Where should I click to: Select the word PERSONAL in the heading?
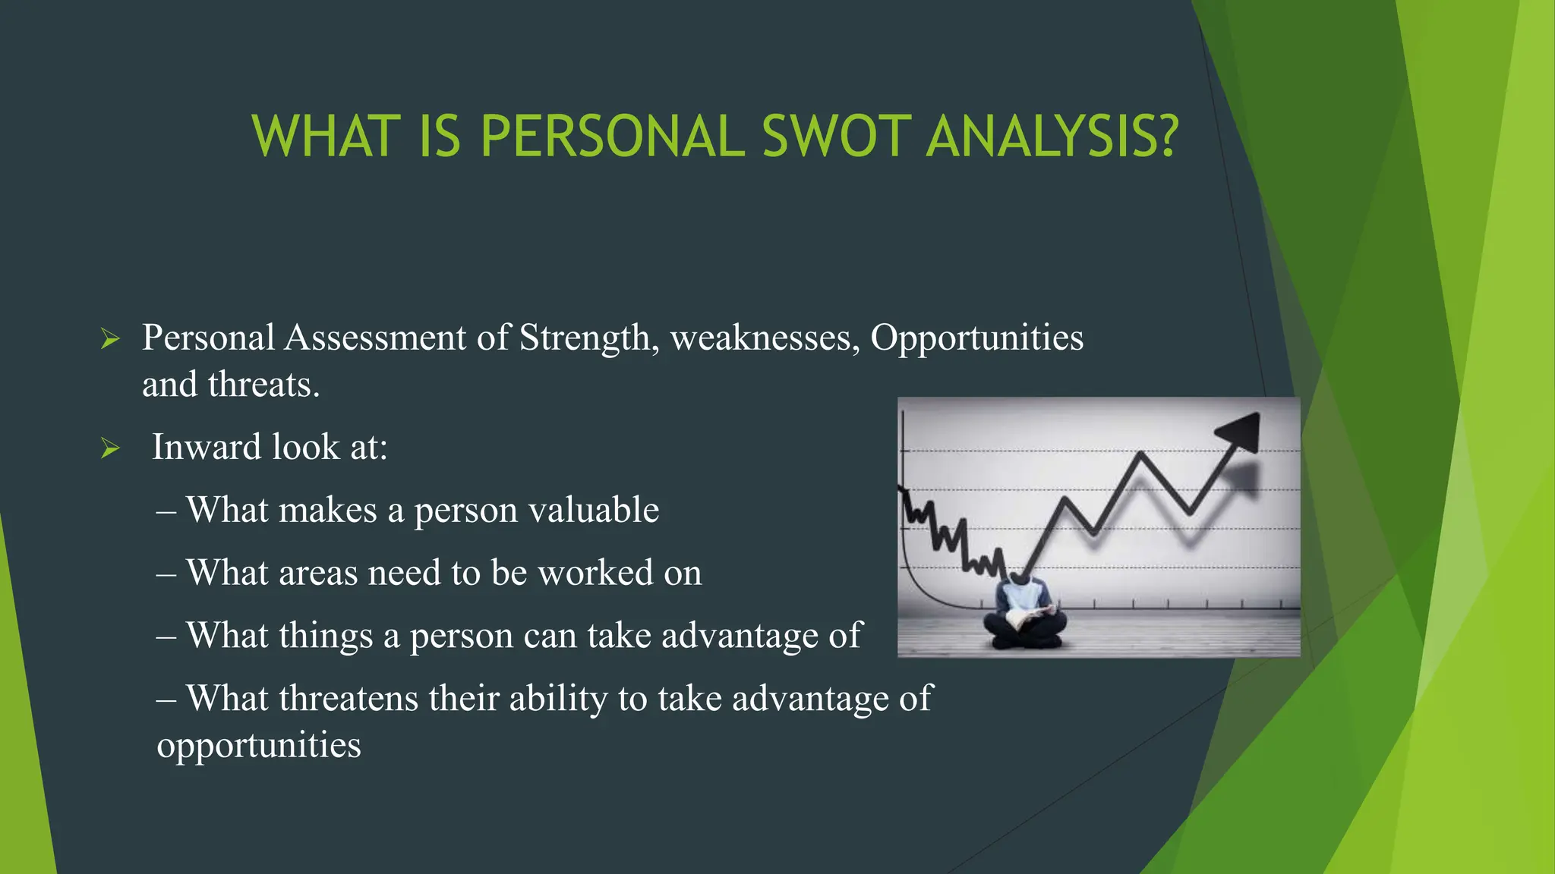[x=612, y=137]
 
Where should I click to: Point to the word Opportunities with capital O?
[x=976, y=338]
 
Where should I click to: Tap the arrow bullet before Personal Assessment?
[x=110, y=339]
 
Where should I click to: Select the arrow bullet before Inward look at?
[x=110, y=448]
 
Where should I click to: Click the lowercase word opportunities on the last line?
[x=259, y=746]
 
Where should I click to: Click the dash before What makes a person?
[x=166, y=511]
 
